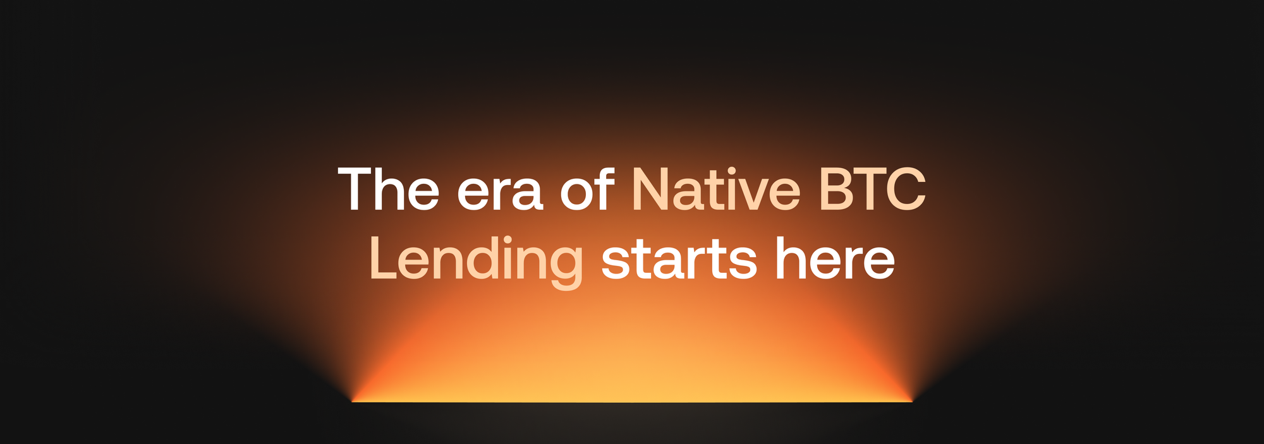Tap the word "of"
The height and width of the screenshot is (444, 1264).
588,188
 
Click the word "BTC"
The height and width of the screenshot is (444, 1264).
873,189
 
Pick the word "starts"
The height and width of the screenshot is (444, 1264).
679,260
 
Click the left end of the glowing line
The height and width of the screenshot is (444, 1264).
352,402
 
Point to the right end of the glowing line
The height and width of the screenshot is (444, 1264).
912,402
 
